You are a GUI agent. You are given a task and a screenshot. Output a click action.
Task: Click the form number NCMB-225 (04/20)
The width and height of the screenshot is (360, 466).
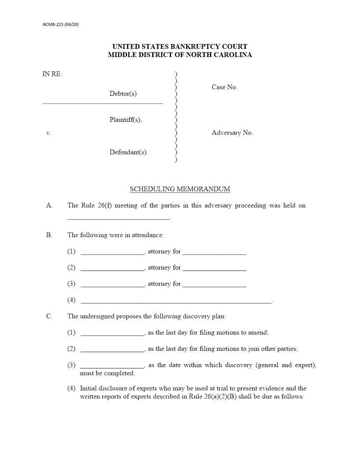pyautogui.click(x=60, y=24)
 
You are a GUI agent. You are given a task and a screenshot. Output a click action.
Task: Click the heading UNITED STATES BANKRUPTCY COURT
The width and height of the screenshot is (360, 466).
pyautogui.click(x=180, y=46)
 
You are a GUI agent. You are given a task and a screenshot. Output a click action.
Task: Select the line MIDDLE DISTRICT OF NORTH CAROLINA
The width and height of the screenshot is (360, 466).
pyautogui.click(x=180, y=55)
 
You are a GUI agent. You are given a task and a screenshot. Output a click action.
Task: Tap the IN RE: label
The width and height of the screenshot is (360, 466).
pyautogui.click(x=52, y=74)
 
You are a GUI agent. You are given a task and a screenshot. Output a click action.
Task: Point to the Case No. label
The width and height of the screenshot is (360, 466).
pyautogui.click(x=224, y=87)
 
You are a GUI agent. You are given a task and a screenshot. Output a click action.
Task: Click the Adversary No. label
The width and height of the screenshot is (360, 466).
pyautogui.click(x=232, y=133)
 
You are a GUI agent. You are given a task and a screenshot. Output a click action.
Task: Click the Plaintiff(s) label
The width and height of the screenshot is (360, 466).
pyautogui.click(x=126, y=120)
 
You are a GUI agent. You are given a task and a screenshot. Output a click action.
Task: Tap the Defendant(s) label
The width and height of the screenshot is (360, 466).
pyautogui.click(x=129, y=152)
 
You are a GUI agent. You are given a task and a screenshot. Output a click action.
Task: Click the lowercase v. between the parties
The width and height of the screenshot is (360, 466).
pyautogui.click(x=49, y=133)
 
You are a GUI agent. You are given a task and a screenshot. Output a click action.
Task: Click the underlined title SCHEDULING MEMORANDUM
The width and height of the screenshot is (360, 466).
pyautogui.click(x=180, y=189)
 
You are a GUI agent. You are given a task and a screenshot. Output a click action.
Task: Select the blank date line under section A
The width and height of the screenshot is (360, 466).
pyautogui.click(x=118, y=218)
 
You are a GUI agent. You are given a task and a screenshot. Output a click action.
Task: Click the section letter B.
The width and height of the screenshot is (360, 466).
pyautogui.click(x=49, y=235)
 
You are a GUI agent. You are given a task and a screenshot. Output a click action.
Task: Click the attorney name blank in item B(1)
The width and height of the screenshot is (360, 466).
pyautogui.click(x=112, y=253)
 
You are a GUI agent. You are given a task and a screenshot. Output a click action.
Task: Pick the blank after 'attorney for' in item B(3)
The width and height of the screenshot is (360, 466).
pyautogui.click(x=214, y=285)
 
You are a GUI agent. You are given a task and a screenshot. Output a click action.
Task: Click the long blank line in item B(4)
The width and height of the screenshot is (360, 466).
pyautogui.click(x=176, y=302)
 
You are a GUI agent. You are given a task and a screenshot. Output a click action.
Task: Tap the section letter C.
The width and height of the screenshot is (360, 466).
pyautogui.click(x=49, y=316)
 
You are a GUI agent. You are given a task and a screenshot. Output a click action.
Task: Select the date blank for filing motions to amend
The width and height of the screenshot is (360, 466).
pyautogui.click(x=112, y=334)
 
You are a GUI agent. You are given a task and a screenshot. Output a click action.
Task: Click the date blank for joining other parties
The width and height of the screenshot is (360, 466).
pyautogui.click(x=112, y=350)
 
